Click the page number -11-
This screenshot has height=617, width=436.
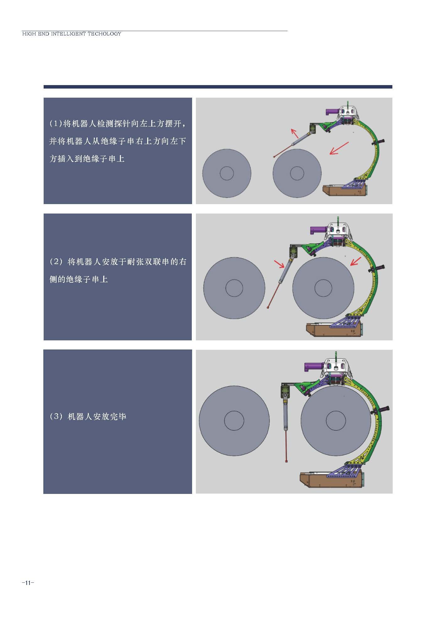28,583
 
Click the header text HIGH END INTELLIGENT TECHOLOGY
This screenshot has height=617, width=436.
72,34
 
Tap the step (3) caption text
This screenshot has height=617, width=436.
88,417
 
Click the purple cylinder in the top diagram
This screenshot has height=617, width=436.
332,111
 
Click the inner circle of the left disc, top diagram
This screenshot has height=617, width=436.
227,173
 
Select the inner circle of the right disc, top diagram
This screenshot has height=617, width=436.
297,173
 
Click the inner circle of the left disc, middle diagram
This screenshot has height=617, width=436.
234,288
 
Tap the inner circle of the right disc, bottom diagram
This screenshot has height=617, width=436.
336,421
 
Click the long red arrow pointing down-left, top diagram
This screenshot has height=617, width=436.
339,148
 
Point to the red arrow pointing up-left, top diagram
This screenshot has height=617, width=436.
294,133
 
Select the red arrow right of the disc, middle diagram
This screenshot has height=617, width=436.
356,261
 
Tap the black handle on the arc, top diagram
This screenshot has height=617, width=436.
379,142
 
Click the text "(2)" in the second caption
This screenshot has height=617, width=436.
57,262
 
